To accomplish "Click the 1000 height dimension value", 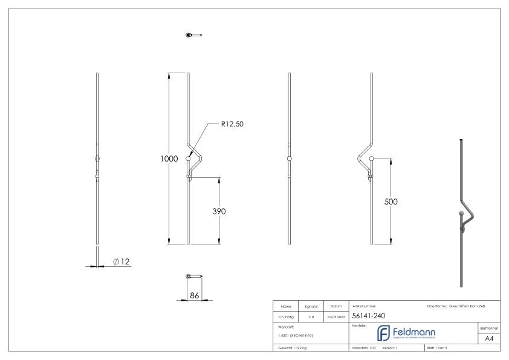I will (169, 159).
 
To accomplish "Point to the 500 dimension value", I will (392, 202).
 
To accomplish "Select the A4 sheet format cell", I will (490, 338).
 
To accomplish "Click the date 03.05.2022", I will (336, 316).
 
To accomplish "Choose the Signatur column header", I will (313, 306).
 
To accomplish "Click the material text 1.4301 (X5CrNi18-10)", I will (294, 335).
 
